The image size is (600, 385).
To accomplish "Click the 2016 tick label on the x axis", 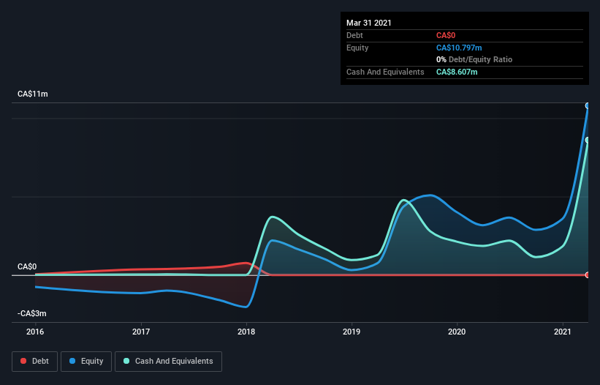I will pyautogui.click(x=35, y=332).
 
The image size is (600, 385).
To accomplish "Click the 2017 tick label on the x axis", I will pyautogui.click(x=141, y=332).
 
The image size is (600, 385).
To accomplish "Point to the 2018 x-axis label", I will pyautogui.click(x=247, y=332).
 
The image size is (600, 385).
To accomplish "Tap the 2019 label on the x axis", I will pyautogui.click(x=352, y=332).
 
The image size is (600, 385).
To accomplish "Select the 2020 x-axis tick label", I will pyautogui.click(x=457, y=332).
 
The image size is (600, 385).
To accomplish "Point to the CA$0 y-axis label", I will pyautogui.click(x=27, y=267).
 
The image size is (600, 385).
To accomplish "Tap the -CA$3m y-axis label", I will pyautogui.click(x=32, y=313).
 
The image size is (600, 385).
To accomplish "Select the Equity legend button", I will pyautogui.click(x=87, y=361).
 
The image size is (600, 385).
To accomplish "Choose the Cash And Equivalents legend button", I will pyautogui.click(x=168, y=361).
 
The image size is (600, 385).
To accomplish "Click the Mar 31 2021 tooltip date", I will pyautogui.click(x=369, y=23).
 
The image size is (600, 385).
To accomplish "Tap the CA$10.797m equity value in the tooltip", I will pyautogui.click(x=459, y=48).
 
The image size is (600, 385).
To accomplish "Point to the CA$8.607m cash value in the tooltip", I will pyautogui.click(x=457, y=72).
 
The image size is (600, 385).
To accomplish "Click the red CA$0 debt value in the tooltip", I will pyautogui.click(x=446, y=35).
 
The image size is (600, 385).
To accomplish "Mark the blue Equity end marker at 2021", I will pyautogui.click(x=588, y=105).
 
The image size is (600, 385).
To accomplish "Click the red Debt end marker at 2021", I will pyautogui.click(x=588, y=274).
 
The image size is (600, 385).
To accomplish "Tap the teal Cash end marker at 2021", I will pyautogui.click(x=588, y=140).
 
